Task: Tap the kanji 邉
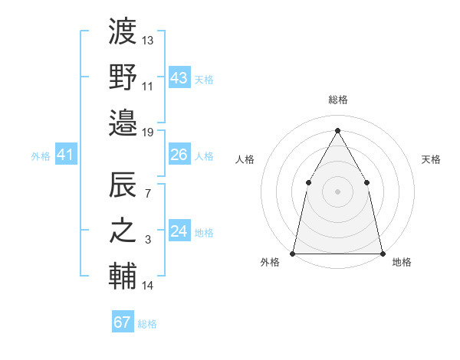tap(123, 120)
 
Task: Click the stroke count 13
tap(148, 41)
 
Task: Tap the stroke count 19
tap(148, 132)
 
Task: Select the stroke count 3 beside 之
tap(148, 241)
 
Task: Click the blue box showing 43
tap(179, 78)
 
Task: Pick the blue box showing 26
tap(179, 155)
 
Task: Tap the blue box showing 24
tap(179, 231)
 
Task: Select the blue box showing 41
tap(65, 155)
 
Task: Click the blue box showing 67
tap(122, 322)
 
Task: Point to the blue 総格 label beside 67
tap(147, 324)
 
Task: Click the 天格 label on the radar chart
tap(431, 159)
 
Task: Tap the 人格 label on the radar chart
tap(245, 159)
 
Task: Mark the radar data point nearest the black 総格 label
tap(337, 130)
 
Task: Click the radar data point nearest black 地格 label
tap(382, 253)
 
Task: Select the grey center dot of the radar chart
tap(337, 191)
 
